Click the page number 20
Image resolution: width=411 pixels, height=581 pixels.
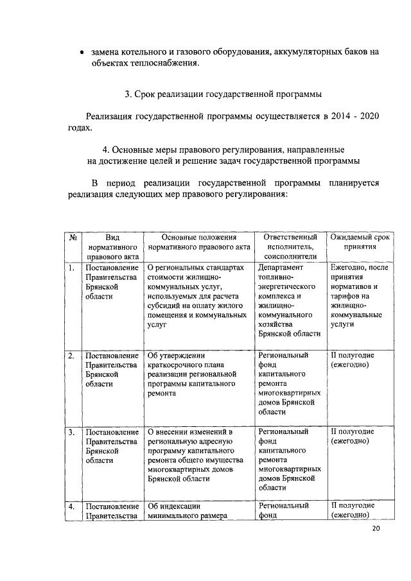click(376, 528)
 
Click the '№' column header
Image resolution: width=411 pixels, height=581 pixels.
click(73, 237)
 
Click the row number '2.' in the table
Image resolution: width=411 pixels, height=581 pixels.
click(73, 355)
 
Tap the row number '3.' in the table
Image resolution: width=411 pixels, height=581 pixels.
click(73, 432)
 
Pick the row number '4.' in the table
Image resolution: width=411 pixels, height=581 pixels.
click(73, 508)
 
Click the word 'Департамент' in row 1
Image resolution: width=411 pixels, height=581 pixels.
click(281, 268)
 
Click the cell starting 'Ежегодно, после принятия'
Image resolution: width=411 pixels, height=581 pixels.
click(360, 296)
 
